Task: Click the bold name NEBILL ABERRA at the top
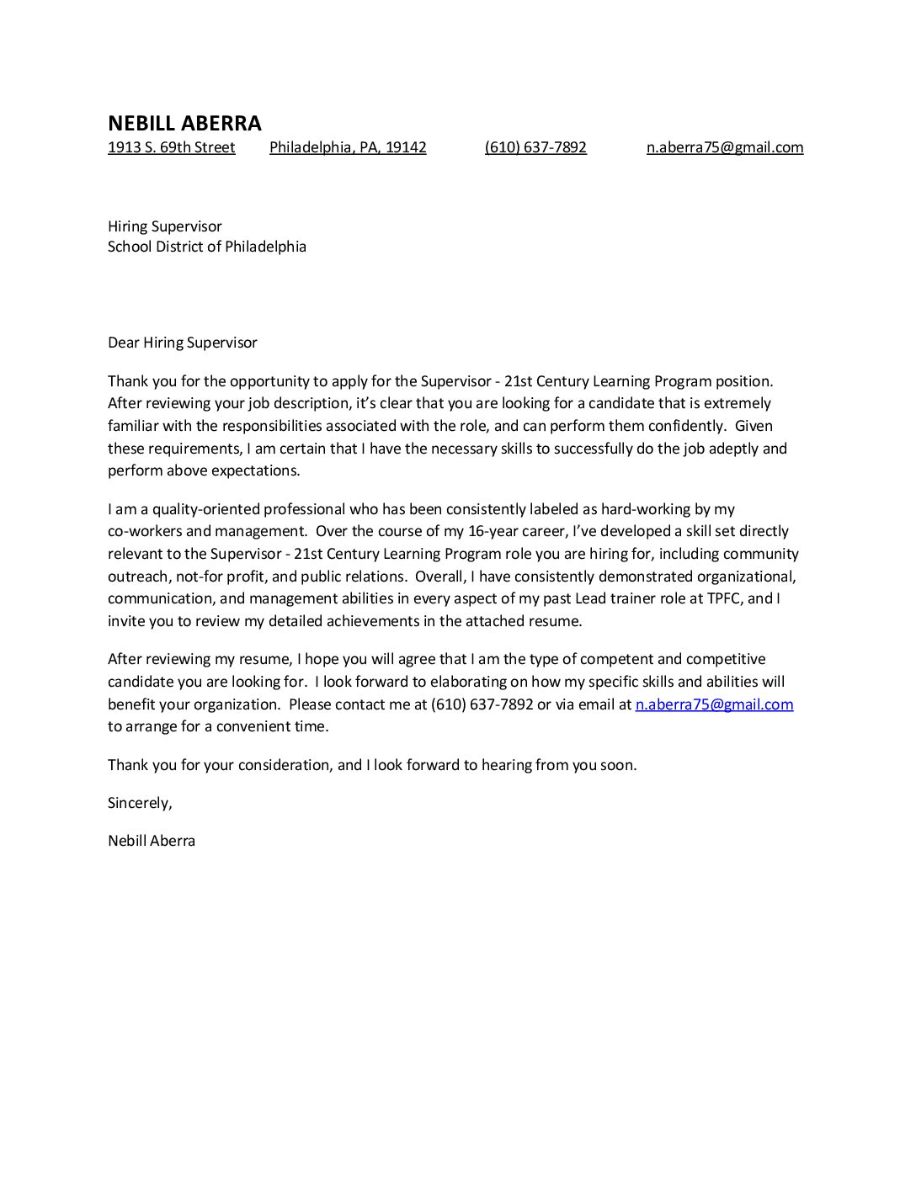pos(184,123)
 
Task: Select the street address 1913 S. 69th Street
pos(171,147)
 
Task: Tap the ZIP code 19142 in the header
pos(406,147)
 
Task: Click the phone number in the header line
pos(535,147)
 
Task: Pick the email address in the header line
pos(724,147)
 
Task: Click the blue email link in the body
pos(714,704)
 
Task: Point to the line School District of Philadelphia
pos(206,247)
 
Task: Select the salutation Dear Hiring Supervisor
pos(182,343)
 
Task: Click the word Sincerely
pos(139,803)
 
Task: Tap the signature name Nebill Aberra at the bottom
pos(152,840)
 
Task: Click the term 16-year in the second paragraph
pos(481,531)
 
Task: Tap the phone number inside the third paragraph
pos(482,704)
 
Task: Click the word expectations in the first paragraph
pos(256,470)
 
